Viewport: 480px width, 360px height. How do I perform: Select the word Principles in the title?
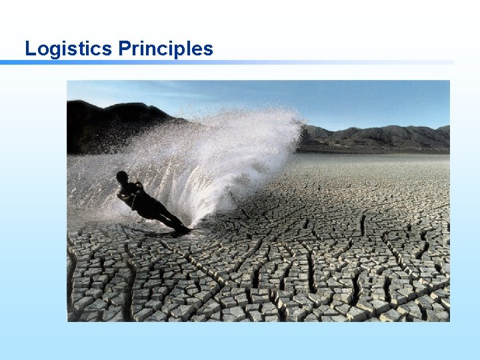[x=166, y=49]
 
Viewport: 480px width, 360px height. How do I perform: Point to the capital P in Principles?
[x=125, y=49]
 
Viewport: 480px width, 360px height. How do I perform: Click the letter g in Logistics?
[x=53, y=50]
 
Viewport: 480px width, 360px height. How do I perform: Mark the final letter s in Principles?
[x=208, y=50]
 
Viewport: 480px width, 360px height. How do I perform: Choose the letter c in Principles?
[x=164, y=50]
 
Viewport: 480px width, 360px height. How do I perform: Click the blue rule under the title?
[x=227, y=63]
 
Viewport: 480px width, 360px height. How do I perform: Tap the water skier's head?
[x=122, y=177]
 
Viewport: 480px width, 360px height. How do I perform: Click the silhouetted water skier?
[x=147, y=203]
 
